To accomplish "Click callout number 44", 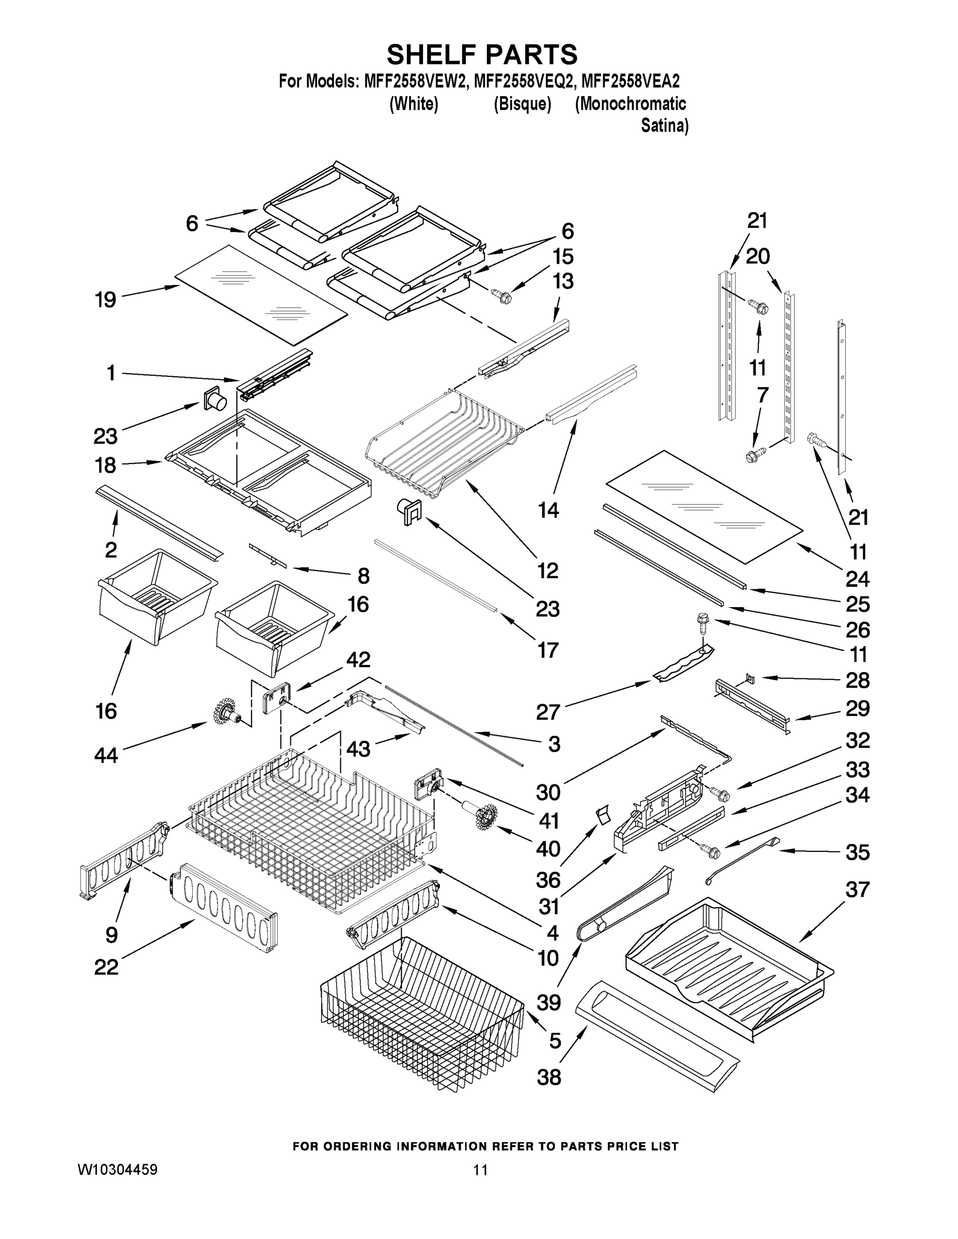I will (x=106, y=755).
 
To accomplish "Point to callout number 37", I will (x=857, y=889).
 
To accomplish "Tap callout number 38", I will (x=549, y=1077).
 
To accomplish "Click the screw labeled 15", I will (x=501, y=295).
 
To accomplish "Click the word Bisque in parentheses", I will (x=522, y=104).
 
